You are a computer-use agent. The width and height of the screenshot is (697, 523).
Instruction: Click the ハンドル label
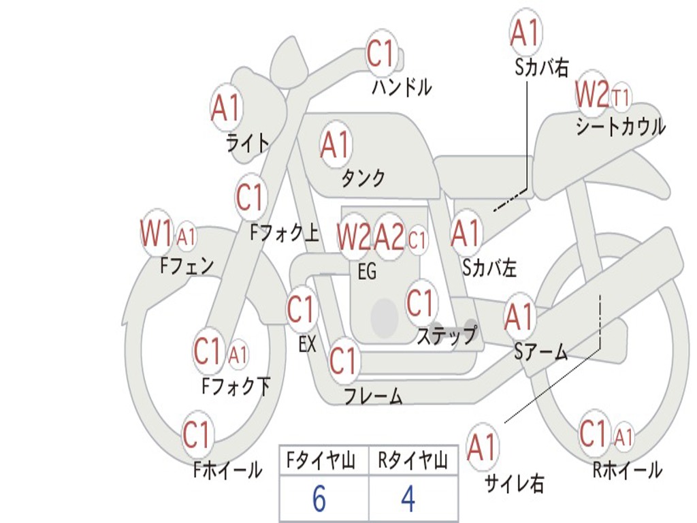point(402,86)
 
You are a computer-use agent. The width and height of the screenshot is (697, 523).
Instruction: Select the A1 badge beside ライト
point(226,108)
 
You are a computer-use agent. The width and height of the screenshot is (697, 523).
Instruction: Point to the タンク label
point(363,178)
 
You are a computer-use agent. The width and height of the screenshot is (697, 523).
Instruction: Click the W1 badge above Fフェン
point(156,233)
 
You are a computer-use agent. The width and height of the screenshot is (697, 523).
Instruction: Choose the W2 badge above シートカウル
point(591,93)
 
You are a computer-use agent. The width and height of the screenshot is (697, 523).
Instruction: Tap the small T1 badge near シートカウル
point(621,97)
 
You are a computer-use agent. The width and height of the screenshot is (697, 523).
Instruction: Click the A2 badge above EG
point(389,237)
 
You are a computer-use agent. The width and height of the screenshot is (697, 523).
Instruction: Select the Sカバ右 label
point(541,67)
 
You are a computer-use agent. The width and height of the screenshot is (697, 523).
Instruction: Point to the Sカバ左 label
point(489,268)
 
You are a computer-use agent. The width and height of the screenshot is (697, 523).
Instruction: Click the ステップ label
point(447,335)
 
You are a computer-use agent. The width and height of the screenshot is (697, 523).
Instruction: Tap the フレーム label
point(374,396)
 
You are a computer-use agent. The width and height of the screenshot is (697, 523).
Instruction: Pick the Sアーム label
point(541,352)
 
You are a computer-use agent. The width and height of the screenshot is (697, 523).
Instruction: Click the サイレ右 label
point(515,484)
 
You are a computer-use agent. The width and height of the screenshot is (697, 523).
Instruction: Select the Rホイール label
point(628,470)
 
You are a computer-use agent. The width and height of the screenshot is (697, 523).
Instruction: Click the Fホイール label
point(227,470)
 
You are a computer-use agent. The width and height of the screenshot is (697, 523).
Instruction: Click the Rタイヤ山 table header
point(412,461)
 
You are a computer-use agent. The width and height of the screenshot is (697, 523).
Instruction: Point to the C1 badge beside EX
point(302,309)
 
